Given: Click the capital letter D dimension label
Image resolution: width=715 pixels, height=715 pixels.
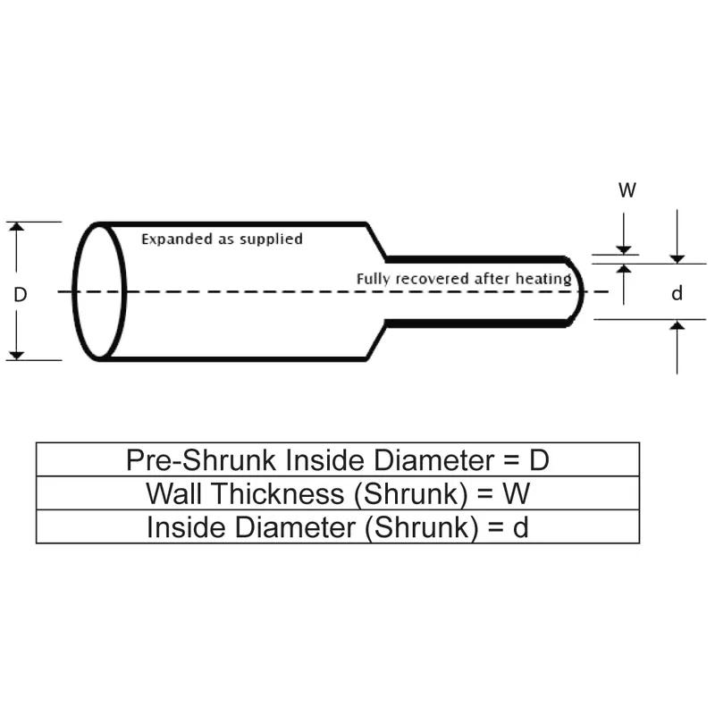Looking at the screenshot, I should coord(21,293).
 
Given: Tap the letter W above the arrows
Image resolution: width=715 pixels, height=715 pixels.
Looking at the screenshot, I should coord(627,190).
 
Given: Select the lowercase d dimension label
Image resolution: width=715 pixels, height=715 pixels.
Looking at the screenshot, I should coord(677,293).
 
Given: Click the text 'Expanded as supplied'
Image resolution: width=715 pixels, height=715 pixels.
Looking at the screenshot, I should coord(223,240).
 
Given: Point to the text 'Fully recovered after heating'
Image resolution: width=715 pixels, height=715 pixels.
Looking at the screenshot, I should coord(463,279).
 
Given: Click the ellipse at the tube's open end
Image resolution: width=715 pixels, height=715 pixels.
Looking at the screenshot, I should coord(99,291).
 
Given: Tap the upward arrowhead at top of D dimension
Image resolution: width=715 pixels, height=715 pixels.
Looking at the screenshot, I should coord(15,227).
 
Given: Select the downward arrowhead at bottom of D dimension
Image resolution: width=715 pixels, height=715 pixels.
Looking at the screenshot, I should coord(15,355).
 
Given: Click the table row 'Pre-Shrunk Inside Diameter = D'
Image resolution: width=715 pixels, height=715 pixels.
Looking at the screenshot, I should coord(337,459).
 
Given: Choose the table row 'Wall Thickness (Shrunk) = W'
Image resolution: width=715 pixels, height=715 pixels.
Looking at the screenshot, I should coord(337,493).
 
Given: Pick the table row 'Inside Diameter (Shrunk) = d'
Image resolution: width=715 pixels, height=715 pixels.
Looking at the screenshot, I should coord(337,527).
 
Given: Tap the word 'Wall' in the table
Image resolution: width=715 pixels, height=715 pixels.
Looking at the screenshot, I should coord(172,493).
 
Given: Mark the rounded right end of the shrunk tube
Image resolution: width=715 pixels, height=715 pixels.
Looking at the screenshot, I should coord(579,291).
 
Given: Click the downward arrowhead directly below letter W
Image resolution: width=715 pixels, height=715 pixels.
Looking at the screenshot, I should coord(624,249).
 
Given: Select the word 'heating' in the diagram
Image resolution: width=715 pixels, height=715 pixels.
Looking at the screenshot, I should coord(546,279).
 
